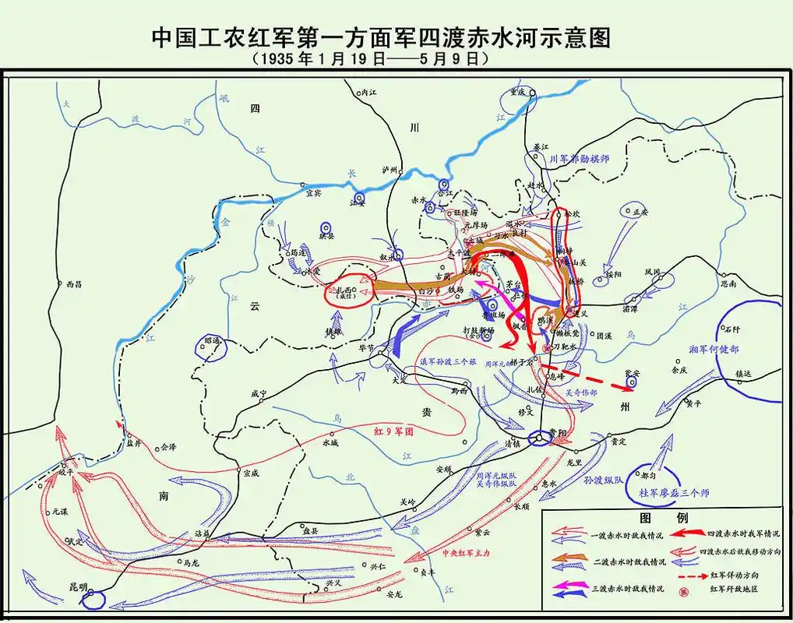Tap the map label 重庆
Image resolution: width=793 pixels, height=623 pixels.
(x=519, y=90)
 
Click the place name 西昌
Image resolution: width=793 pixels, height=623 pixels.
(x=74, y=284)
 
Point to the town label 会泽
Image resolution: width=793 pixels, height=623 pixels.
(x=168, y=447)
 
